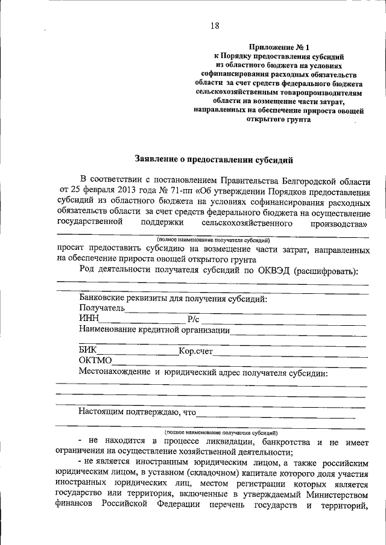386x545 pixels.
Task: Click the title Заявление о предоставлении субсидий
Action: point(213,160)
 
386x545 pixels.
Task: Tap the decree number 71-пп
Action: point(176,191)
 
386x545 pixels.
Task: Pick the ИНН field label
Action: point(88,319)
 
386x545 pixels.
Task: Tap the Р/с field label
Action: point(192,319)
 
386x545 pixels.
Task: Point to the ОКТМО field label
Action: point(95,361)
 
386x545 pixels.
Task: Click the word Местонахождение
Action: point(115,372)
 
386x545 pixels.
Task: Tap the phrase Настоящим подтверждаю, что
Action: point(138,412)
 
